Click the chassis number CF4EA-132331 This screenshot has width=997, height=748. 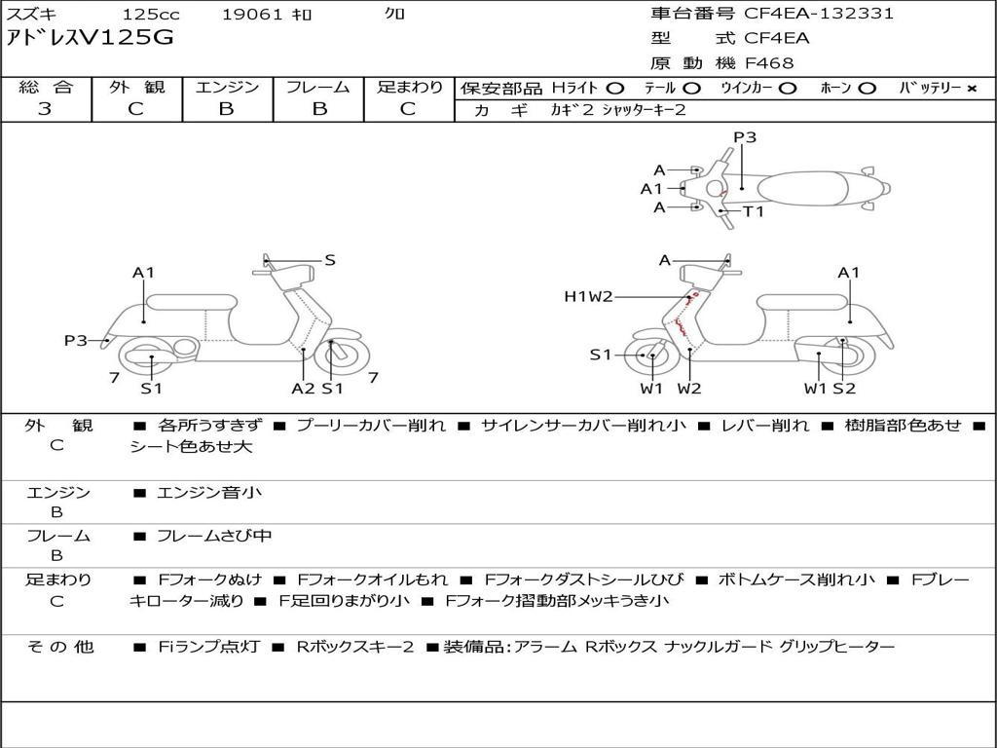pos(819,14)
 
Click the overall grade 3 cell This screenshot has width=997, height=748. pos(45,109)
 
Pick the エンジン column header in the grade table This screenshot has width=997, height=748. pos(227,88)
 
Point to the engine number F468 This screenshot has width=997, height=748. pos(769,63)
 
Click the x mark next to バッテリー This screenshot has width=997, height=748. pos(971,89)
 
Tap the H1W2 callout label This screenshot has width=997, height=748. pos(588,296)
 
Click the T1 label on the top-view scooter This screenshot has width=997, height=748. pos(754,211)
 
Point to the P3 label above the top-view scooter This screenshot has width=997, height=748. pos(745,137)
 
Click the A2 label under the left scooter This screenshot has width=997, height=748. pos(303,389)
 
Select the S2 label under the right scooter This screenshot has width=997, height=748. pos(844,389)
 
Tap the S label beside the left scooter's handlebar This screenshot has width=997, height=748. pos(330,260)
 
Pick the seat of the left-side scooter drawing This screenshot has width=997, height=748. pos(192,302)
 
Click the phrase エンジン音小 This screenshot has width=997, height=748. pos(209,493)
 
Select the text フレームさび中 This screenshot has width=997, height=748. pos(214,536)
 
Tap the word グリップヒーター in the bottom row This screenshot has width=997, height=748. pos(836,647)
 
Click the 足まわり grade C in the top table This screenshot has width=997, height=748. pos(408,109)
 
